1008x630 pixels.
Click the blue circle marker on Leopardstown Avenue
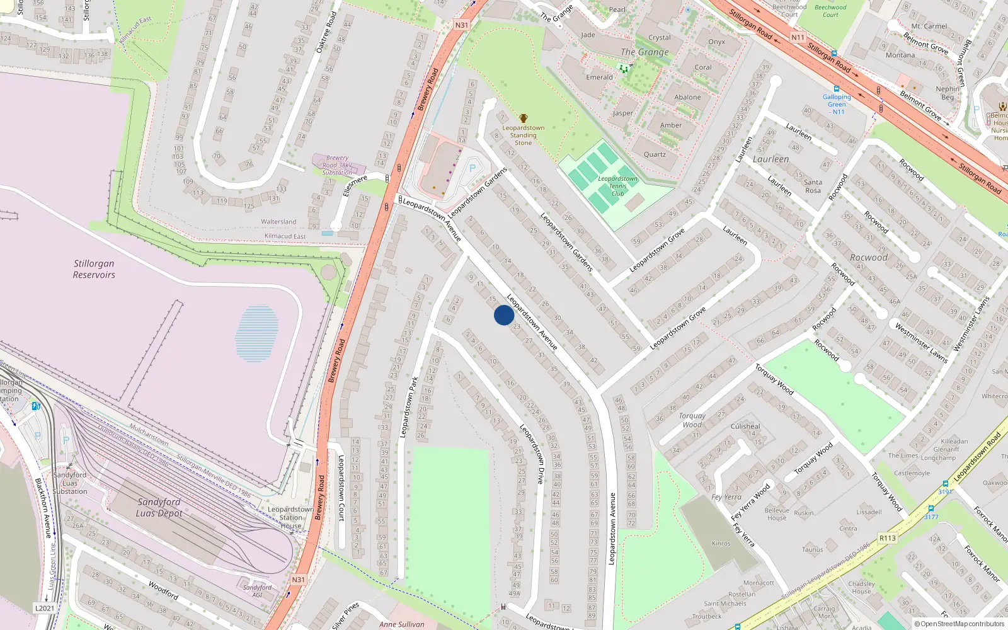[504, 315]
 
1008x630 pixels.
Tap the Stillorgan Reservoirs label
[94, 269]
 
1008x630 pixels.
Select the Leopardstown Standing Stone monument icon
[524, 118]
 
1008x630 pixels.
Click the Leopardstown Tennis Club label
[617, 186]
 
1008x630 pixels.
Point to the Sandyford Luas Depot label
[159, 507]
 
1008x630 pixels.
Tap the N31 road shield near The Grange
[462, 25]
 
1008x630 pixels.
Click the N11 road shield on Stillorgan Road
[798, 38]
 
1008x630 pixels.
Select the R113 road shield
[888, 538]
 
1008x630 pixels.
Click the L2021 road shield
[44, 608]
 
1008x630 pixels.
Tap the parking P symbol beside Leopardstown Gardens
[472, 168]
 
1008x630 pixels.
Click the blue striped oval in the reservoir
[257, 333]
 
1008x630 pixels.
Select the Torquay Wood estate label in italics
[692, 420]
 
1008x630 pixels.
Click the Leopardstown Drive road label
[532, 454]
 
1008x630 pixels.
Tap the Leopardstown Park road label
[409, 407]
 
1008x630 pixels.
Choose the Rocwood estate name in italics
[868, 258]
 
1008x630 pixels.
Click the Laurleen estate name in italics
[770, 159]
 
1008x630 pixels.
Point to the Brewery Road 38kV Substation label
[338, 165]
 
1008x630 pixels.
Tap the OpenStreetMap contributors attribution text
[959, 624]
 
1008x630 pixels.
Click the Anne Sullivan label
[402, 624]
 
